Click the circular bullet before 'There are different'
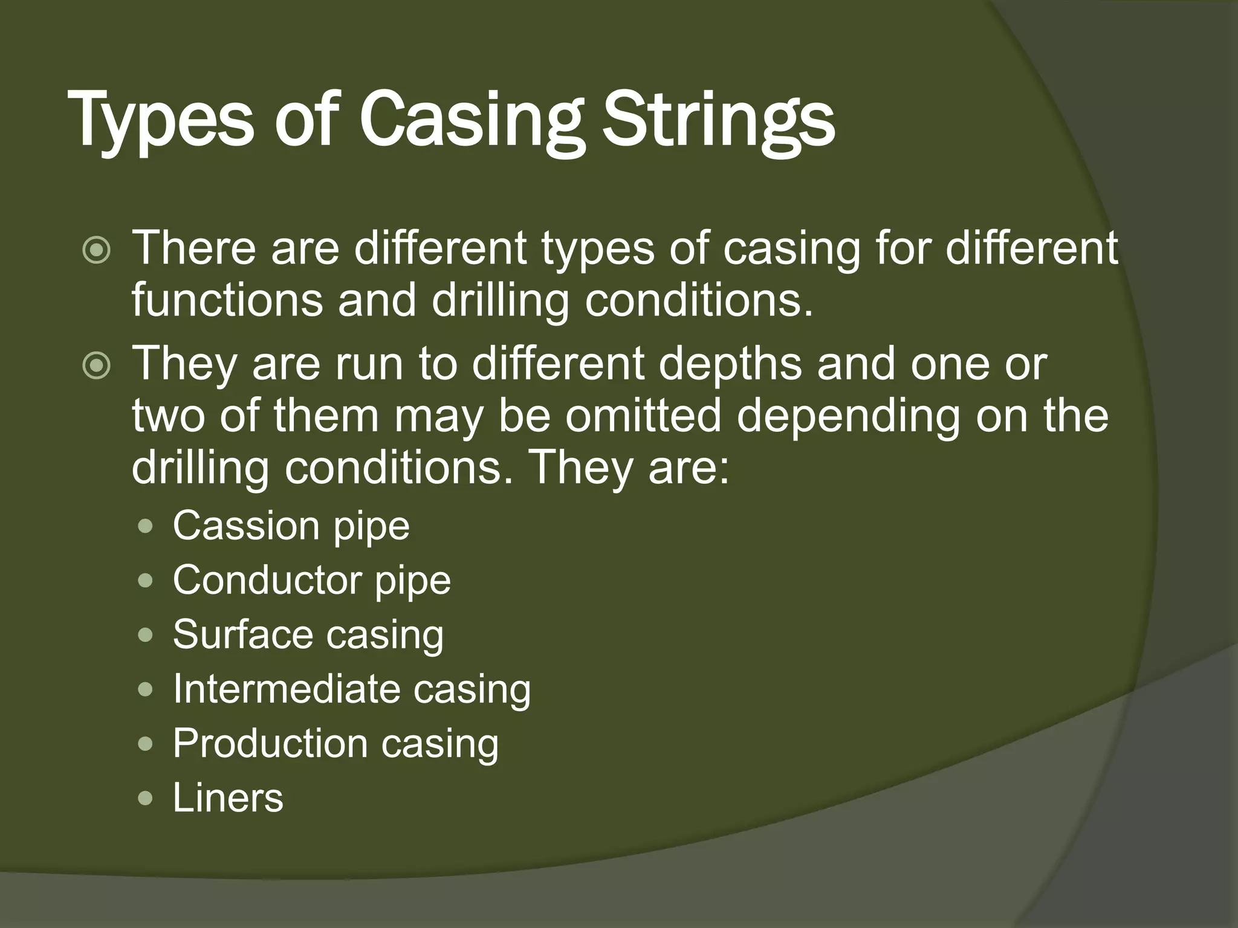97,250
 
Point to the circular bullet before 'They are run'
97,366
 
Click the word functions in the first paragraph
227,300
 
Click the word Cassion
245,526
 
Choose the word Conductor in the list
266,580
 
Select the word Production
270,743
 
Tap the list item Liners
228,797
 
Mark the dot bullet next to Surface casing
145,636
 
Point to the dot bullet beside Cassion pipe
145,527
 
